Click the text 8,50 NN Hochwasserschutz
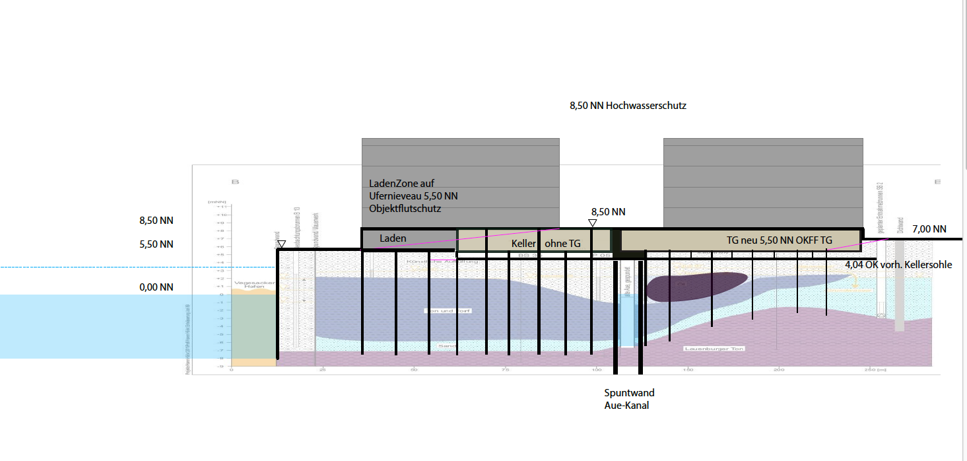point(628,106)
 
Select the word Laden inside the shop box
point(393,238)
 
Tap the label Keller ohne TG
point(546,244)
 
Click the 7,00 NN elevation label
point(929,229)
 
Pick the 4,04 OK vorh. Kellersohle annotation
point(898,265)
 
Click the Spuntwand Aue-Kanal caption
point(629,399)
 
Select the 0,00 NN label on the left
point(156,287)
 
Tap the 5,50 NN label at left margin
point(156,244)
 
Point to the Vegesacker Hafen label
point(250,285)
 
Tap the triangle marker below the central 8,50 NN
point(592,223)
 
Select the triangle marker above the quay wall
point(281,244)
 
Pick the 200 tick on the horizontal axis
point(779,370)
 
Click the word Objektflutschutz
point(405,209)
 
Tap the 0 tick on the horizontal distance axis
point(232,370)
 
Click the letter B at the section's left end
point(234,182)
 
